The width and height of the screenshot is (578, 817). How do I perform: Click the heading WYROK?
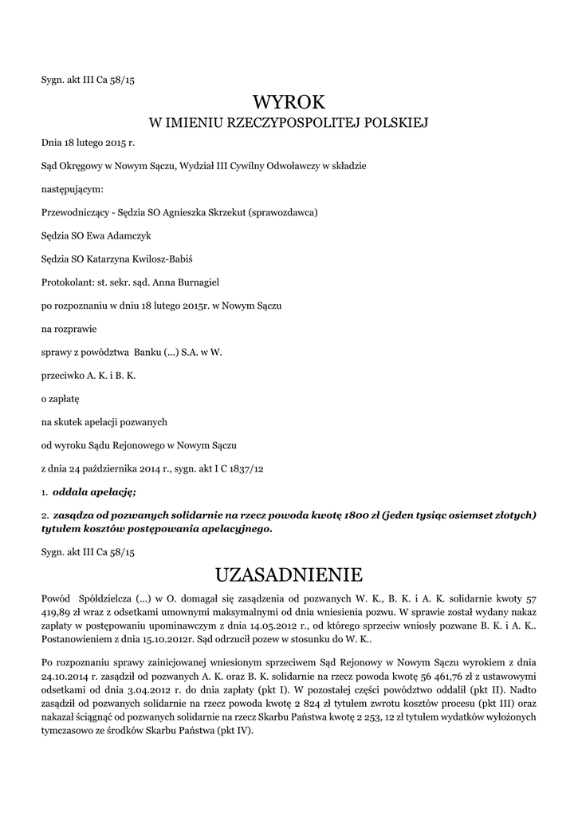[x=289, y=101]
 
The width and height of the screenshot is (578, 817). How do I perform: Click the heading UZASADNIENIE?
[x=289, y=574]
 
